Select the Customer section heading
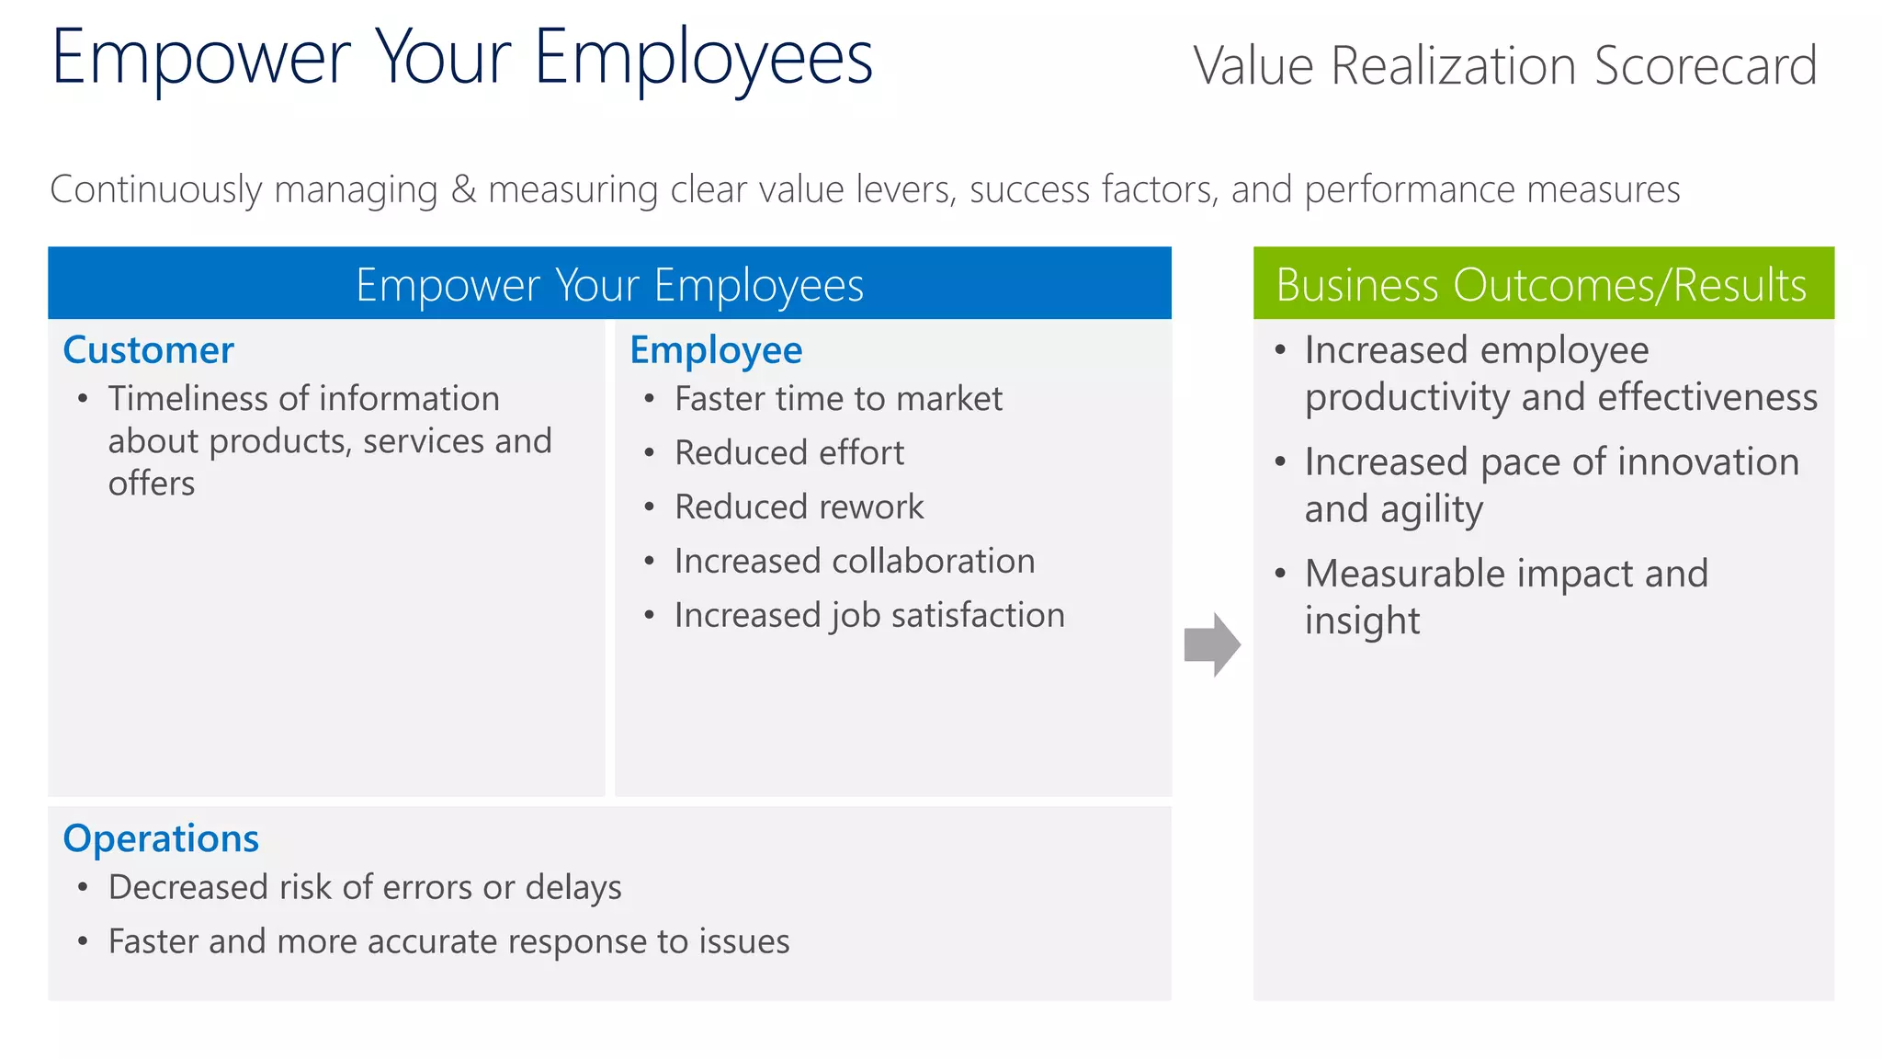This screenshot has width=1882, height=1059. [x=148, y=350]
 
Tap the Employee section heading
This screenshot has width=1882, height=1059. [x=716, y=350]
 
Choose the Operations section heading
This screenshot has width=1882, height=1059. [x=161, y=838]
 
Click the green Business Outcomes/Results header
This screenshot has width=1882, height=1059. [x=1543, y=283]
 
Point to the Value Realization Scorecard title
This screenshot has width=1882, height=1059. [x=1504, y=66]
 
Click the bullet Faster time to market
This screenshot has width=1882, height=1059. [x=838, y=399]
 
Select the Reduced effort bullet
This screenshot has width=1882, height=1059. [x=789, y=453]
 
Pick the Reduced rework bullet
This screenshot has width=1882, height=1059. [x=799, y=507]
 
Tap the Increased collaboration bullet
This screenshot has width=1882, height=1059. [x=855, y=562]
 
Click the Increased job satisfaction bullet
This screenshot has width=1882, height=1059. [x=869, y=616]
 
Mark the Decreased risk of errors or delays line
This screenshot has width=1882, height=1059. [x=365, y=888]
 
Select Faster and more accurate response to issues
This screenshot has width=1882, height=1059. [x=448, y=942]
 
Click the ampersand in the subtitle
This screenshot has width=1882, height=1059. [x=464, y=189]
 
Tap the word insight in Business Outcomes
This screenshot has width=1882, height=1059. [x=1362, y=621]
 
